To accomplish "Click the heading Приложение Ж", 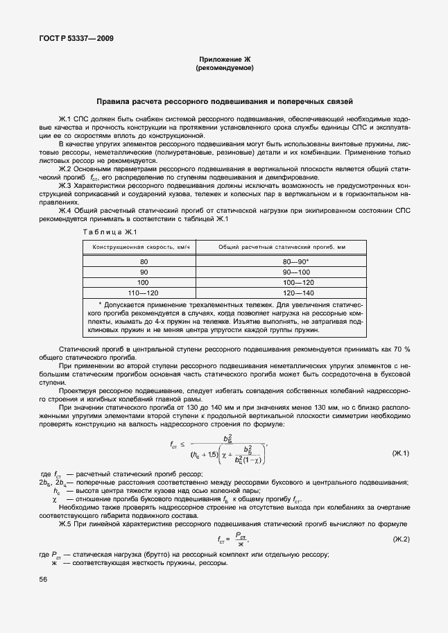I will tap(225, 61).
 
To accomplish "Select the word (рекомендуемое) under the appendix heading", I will tap(225, 69).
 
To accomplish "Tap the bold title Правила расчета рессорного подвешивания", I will tap(225, 101).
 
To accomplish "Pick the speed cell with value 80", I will tap(144, 262).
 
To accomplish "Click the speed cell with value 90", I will tap(144, 272).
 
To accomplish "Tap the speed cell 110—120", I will tap(144, 293).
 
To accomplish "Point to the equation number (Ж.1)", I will tap(401, 453).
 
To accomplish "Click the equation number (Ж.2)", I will tap(401, 539).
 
